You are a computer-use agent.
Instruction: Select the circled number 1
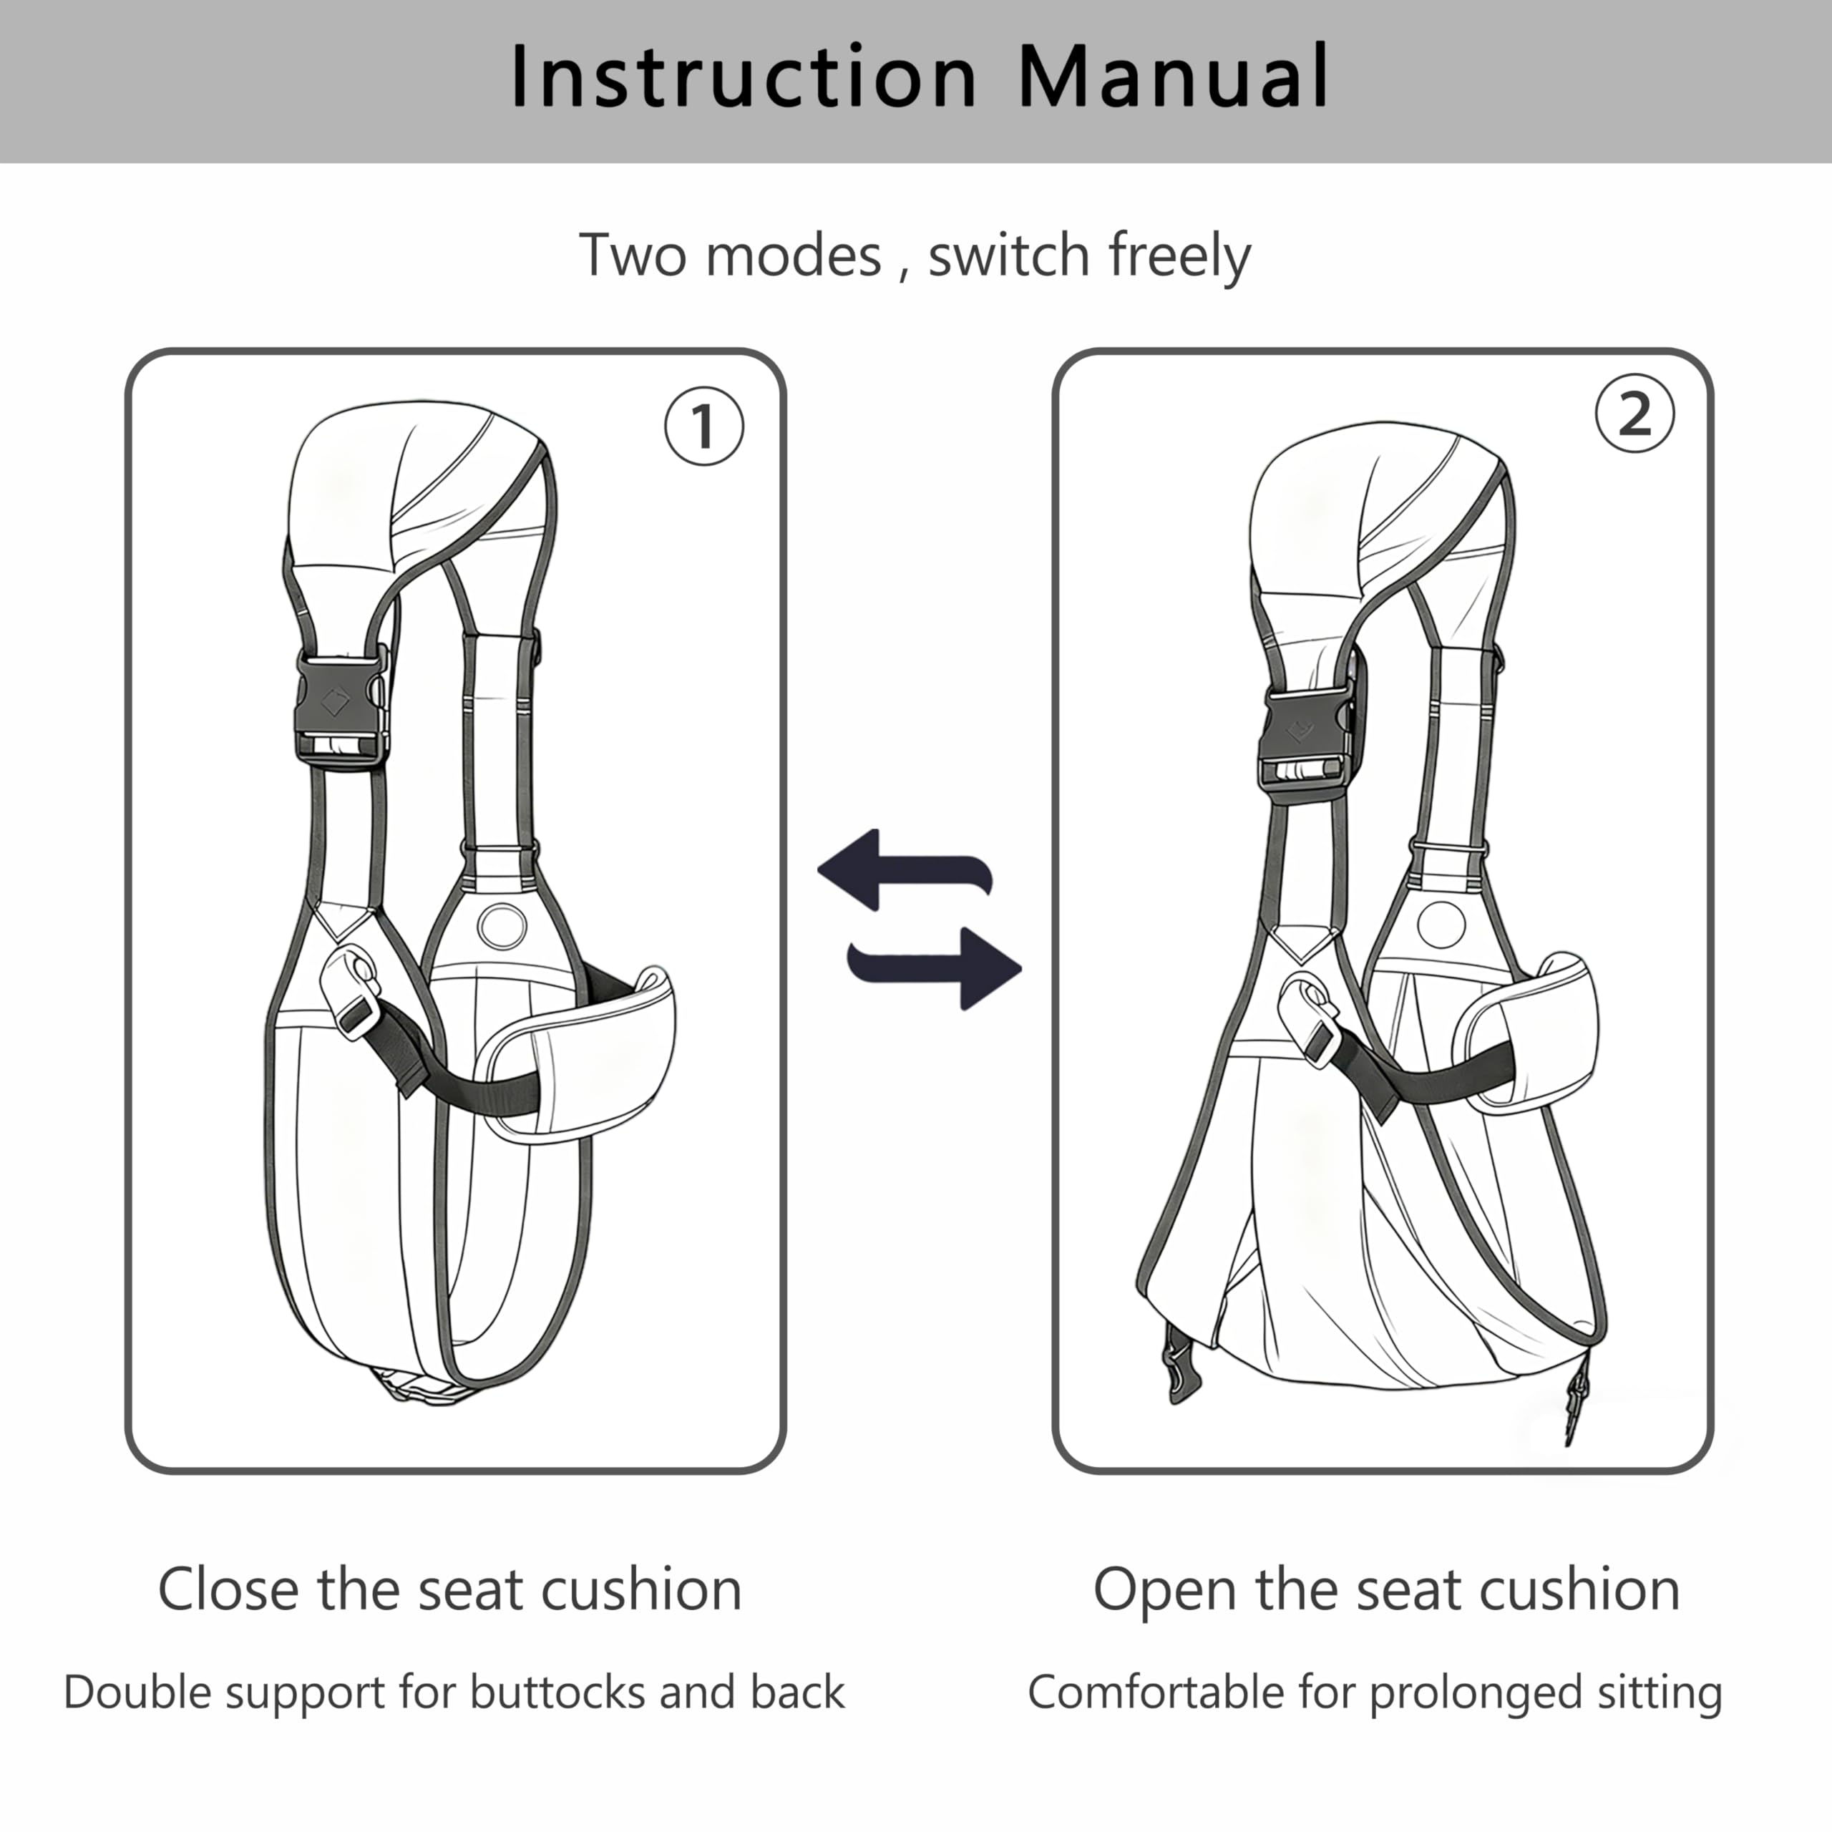click(703, 426)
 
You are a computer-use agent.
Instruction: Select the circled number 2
click(1634, 414)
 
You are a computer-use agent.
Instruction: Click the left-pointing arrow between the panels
click(905, 869)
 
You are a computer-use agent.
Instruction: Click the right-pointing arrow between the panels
click(934, 968)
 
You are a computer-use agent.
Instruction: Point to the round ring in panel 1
click(502, 925)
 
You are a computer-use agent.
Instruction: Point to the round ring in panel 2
click(1441, 922)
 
